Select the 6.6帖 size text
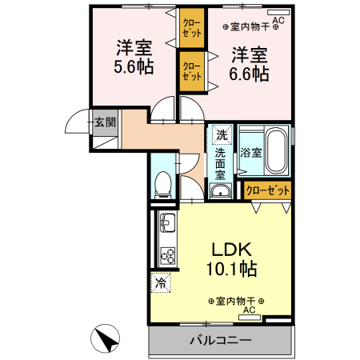(250, 73)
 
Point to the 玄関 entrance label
(106, 122)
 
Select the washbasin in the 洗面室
(220, 190)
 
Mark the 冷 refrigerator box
(160, 282)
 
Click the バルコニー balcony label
(220, 340)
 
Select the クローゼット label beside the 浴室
(267, 190)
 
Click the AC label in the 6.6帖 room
(278, 20)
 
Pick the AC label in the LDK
(249, 310)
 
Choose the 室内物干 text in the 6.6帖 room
(249, 27)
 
